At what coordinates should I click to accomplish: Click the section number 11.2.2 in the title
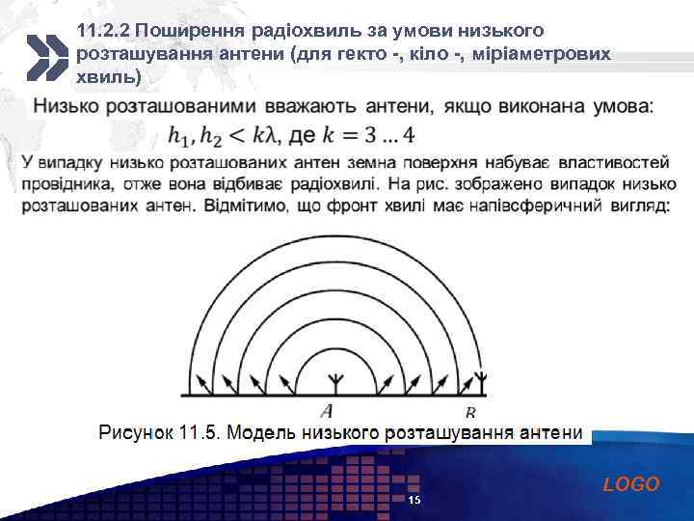tap(103, 32)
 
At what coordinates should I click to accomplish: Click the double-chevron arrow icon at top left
tap(44, 56)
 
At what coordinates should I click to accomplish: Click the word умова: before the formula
tap(618, 104)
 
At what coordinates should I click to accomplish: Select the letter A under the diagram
tap(328, 410)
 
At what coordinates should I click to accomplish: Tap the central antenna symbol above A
tap(334, 380)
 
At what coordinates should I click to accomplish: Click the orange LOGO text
tap(631, 484)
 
